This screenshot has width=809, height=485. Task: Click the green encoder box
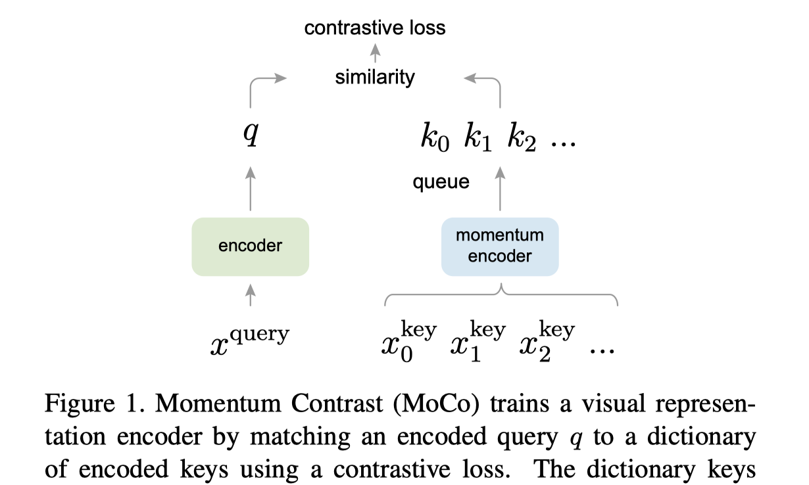(x=250, y=246)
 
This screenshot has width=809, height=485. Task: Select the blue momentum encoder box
(x=500, y=246)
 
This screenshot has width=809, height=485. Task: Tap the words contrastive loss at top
(x=375, y=28)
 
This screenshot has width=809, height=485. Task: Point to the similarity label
(x=375, y=78)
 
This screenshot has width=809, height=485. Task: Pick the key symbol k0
(x=435, y=139)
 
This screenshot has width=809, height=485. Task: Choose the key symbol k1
(x=478, y=139)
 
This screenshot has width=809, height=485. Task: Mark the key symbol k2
(x=522, y=139)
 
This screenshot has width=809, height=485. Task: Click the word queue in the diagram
(x=441, y=182)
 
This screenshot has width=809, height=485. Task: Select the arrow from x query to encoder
(x=251, y=294)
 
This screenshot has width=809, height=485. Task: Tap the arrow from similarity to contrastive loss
(x=376, y=52)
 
